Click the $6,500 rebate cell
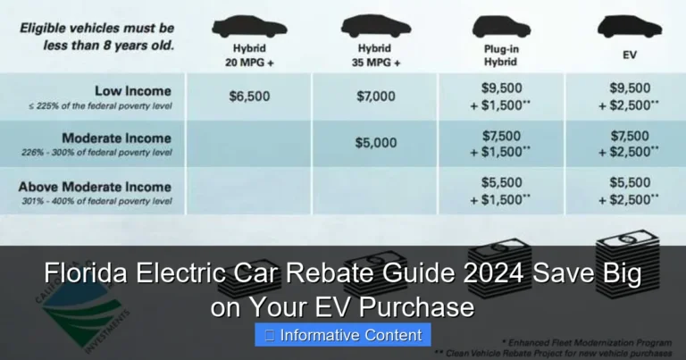[x=249, y=96]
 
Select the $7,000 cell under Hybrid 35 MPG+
[x=375, y=96]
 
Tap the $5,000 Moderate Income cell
[x=375, y=143]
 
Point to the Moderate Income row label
[x=116, y=138]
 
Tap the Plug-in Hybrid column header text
[x=500, y=56]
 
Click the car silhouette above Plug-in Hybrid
[x=500, y=27]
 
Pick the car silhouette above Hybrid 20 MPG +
[x=249, y=27]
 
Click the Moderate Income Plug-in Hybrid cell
[x=500, y=144]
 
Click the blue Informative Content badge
[x=343, y=336]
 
